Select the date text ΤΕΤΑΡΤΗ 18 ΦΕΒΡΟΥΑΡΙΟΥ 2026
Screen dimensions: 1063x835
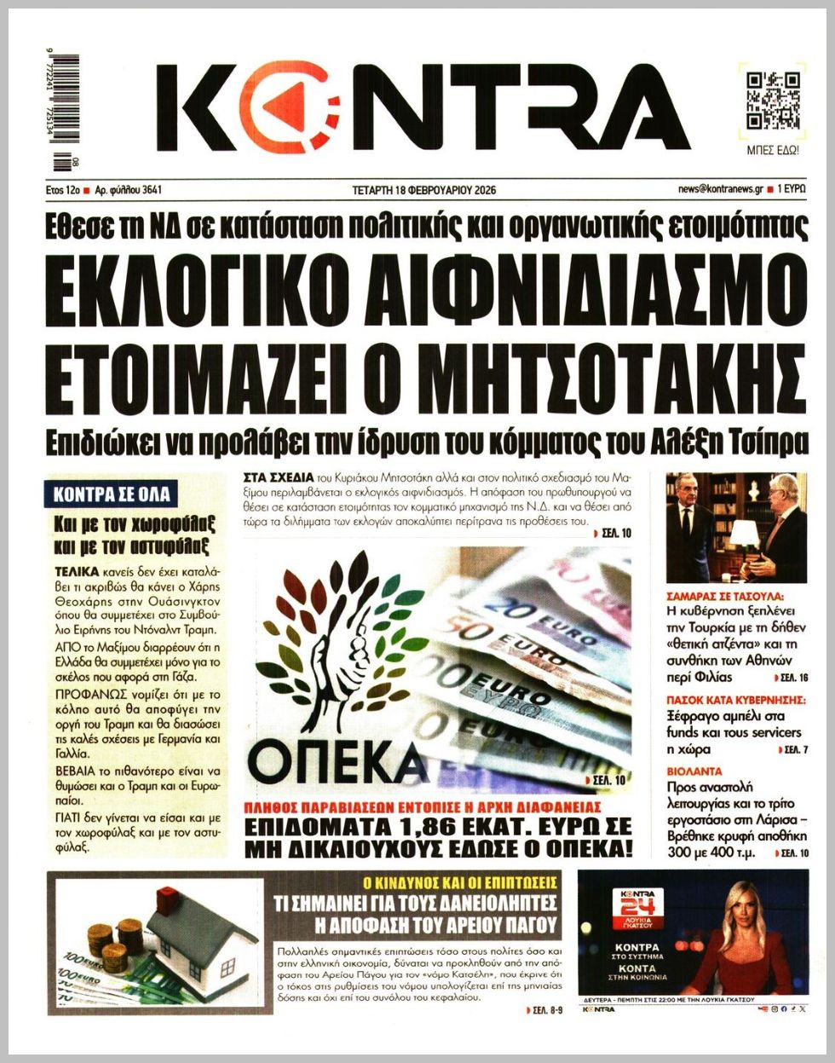[424, 190]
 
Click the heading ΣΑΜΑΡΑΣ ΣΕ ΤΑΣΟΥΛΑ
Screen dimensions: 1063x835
[724, 597]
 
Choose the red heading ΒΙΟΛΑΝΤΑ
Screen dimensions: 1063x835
[694, 771]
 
